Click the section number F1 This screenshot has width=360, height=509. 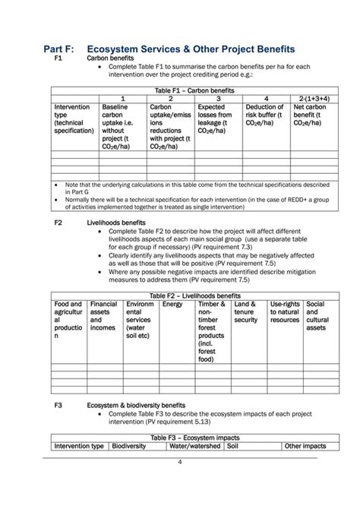click(58, 58)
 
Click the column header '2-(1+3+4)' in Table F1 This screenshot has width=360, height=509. click(312, 99)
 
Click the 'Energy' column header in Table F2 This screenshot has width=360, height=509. click(172, 304)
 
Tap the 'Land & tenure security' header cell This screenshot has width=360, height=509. click(248, 312)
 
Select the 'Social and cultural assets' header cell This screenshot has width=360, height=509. click(319, 317)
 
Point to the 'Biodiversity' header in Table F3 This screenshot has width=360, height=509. click(129, 446)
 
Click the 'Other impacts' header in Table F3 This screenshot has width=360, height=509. click(305, 446)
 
